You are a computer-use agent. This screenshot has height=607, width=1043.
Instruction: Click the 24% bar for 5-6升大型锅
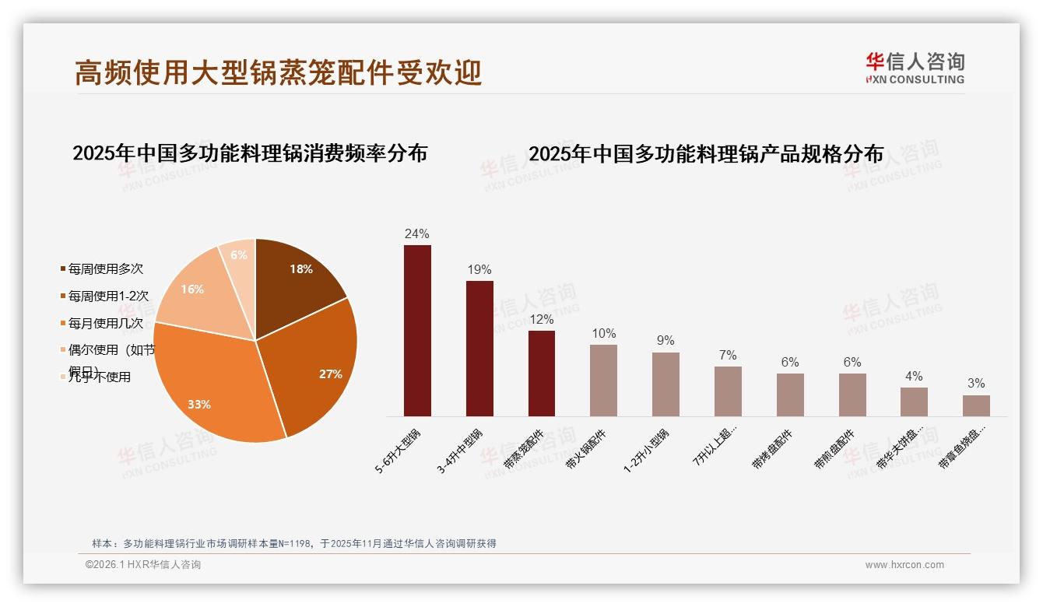[417, 331]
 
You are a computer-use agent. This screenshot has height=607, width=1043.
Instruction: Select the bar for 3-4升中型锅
[479, 349]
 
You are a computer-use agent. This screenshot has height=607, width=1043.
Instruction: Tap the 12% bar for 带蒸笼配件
[542, 374]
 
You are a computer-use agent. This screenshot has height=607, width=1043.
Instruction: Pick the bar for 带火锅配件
[603, 381]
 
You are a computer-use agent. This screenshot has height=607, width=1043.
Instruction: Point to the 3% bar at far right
[976, 405]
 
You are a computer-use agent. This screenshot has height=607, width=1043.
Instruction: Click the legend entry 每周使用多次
[105, 269]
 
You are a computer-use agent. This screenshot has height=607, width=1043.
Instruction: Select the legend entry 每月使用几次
[105, 323]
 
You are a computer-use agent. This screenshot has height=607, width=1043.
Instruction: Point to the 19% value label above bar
[479, 270]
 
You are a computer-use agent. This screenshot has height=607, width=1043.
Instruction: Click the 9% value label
[665, 341]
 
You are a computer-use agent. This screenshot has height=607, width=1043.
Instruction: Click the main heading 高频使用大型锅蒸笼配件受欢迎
[279, 72]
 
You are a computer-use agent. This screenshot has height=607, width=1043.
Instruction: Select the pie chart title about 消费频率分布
[250, 153]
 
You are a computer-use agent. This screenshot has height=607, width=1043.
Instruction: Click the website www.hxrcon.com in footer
[904, 565]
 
